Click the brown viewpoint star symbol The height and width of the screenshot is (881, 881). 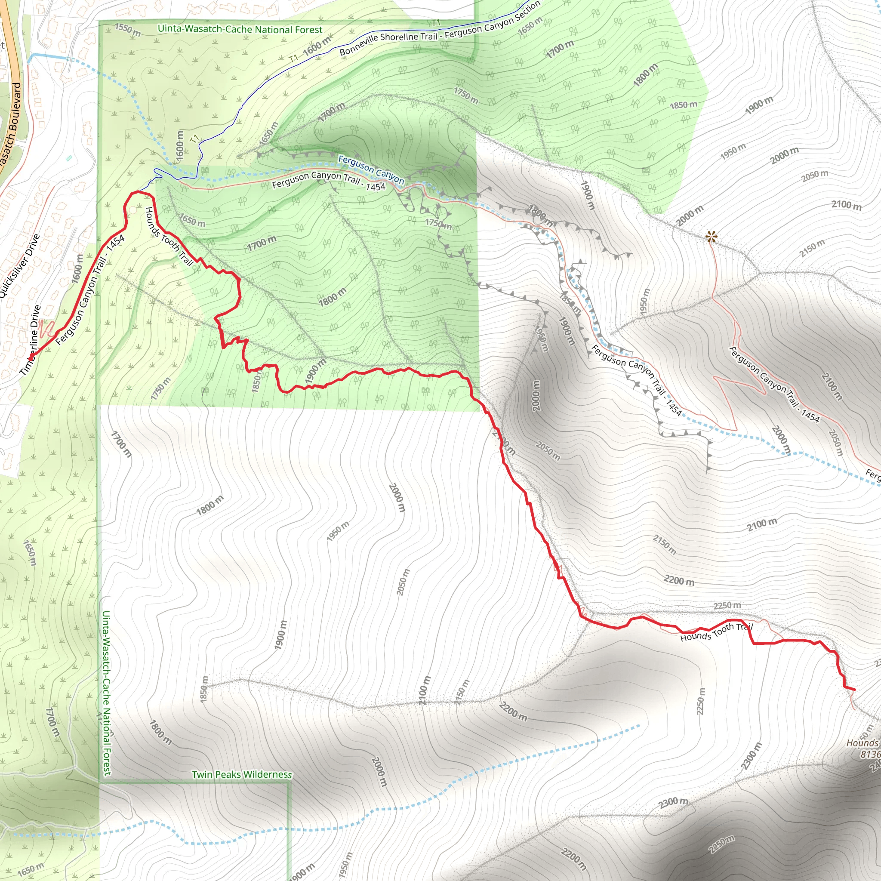(x=711, y=236)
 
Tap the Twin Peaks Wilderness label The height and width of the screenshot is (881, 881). (x=241, y=774)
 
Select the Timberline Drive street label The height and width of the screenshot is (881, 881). (x=30, y=340)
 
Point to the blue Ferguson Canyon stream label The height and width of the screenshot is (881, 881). (x=371, y=169)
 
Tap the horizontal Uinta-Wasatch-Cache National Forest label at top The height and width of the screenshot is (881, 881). (x=240, y=29)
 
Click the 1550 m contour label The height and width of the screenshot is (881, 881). (x=127, y=30)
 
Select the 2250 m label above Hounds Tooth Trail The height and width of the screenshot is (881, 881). (x=727, y=606)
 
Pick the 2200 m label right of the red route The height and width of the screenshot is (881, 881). (x=679, y=580)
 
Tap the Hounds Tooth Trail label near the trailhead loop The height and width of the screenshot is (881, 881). (x=169, y=236)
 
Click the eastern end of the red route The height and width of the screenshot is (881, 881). (x=854, y=690)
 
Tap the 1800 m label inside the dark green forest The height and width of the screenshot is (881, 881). (x=332, y=297)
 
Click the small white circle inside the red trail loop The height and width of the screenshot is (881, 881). (x=132, y=210)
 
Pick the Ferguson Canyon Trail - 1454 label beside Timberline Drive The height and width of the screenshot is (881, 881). (x=90, y=290)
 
